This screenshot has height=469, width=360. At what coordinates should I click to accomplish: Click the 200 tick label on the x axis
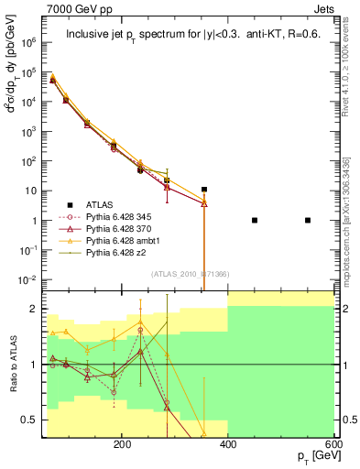click(122, 443)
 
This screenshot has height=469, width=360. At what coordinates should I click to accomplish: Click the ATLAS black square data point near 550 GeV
click(308, 220)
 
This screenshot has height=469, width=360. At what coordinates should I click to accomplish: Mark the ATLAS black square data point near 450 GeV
click(255, 220)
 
